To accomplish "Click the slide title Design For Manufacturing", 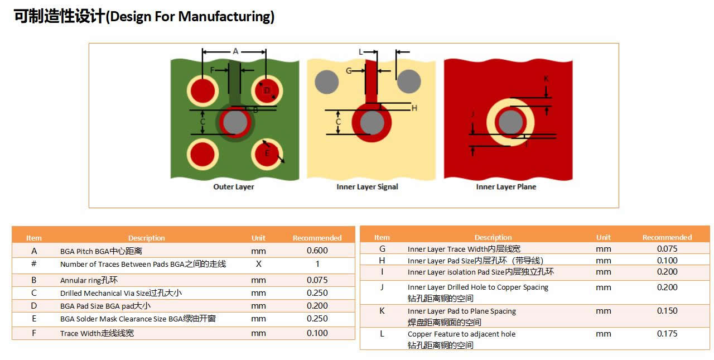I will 144,17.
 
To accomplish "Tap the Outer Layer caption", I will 234,187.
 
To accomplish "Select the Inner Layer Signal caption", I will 367,187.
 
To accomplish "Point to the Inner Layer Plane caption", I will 506,187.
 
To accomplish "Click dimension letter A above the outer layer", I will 235,51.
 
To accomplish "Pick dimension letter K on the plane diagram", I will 546,79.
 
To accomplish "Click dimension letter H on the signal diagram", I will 414,108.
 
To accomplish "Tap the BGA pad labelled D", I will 267,90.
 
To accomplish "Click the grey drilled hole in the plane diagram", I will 510,122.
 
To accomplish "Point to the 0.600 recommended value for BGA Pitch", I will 317,251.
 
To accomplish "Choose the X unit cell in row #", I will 258,264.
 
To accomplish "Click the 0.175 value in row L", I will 667,334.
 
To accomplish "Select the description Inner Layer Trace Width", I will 464,249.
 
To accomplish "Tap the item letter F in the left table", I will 34,333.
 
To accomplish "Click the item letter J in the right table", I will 382,287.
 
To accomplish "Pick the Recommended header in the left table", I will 317,238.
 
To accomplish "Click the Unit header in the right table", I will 603,237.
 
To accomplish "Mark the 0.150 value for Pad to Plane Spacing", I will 667,311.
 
